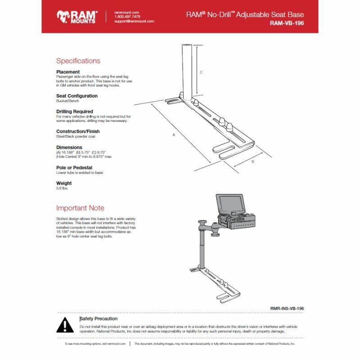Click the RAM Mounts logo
coord(76,17)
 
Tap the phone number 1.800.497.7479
coord(127,17)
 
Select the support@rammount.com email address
coord(134,21)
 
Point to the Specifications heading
coord(78,61)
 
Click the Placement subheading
coord(68,72)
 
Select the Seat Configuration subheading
coord(76,96)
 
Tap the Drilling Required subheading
coord(75,112)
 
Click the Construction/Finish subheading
coord(78,131)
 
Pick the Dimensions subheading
coord(69,148)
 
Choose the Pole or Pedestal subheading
coord(74,168)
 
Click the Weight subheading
coord(64,184)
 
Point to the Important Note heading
coord(80,208)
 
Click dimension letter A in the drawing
coord(174,135)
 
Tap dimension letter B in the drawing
coord(253,161)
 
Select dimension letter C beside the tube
coord(201,72)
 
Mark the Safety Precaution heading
coord(99,319)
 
